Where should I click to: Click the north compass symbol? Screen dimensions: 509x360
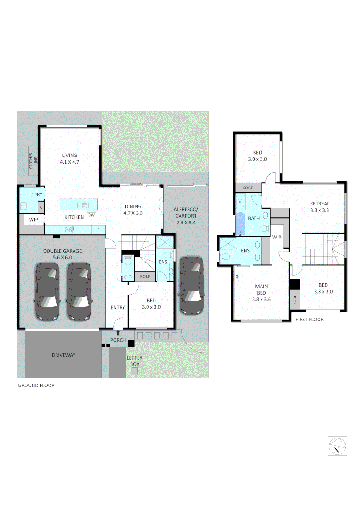coord(337,445)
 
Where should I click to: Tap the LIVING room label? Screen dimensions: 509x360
coord(69,158)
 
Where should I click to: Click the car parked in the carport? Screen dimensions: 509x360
coord(192,286)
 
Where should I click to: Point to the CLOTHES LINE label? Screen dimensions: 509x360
coord(31,161)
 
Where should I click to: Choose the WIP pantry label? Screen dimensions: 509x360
coord(33,220)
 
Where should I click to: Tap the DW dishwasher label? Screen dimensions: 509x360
coord(91,215)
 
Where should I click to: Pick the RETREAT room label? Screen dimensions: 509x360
coord(319,207)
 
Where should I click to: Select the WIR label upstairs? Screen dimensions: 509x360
coord(277,237)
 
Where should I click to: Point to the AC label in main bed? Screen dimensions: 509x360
coord(237,276)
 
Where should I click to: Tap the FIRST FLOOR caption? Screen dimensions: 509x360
coord(309,320)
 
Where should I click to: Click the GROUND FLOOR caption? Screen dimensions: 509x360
coord(36,386)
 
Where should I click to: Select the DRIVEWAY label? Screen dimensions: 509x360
coord(64,355)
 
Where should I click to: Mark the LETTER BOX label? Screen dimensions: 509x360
coord(134,361)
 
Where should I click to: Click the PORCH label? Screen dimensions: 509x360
coord(118,340)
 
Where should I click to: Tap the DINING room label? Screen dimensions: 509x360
coord(133,209)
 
